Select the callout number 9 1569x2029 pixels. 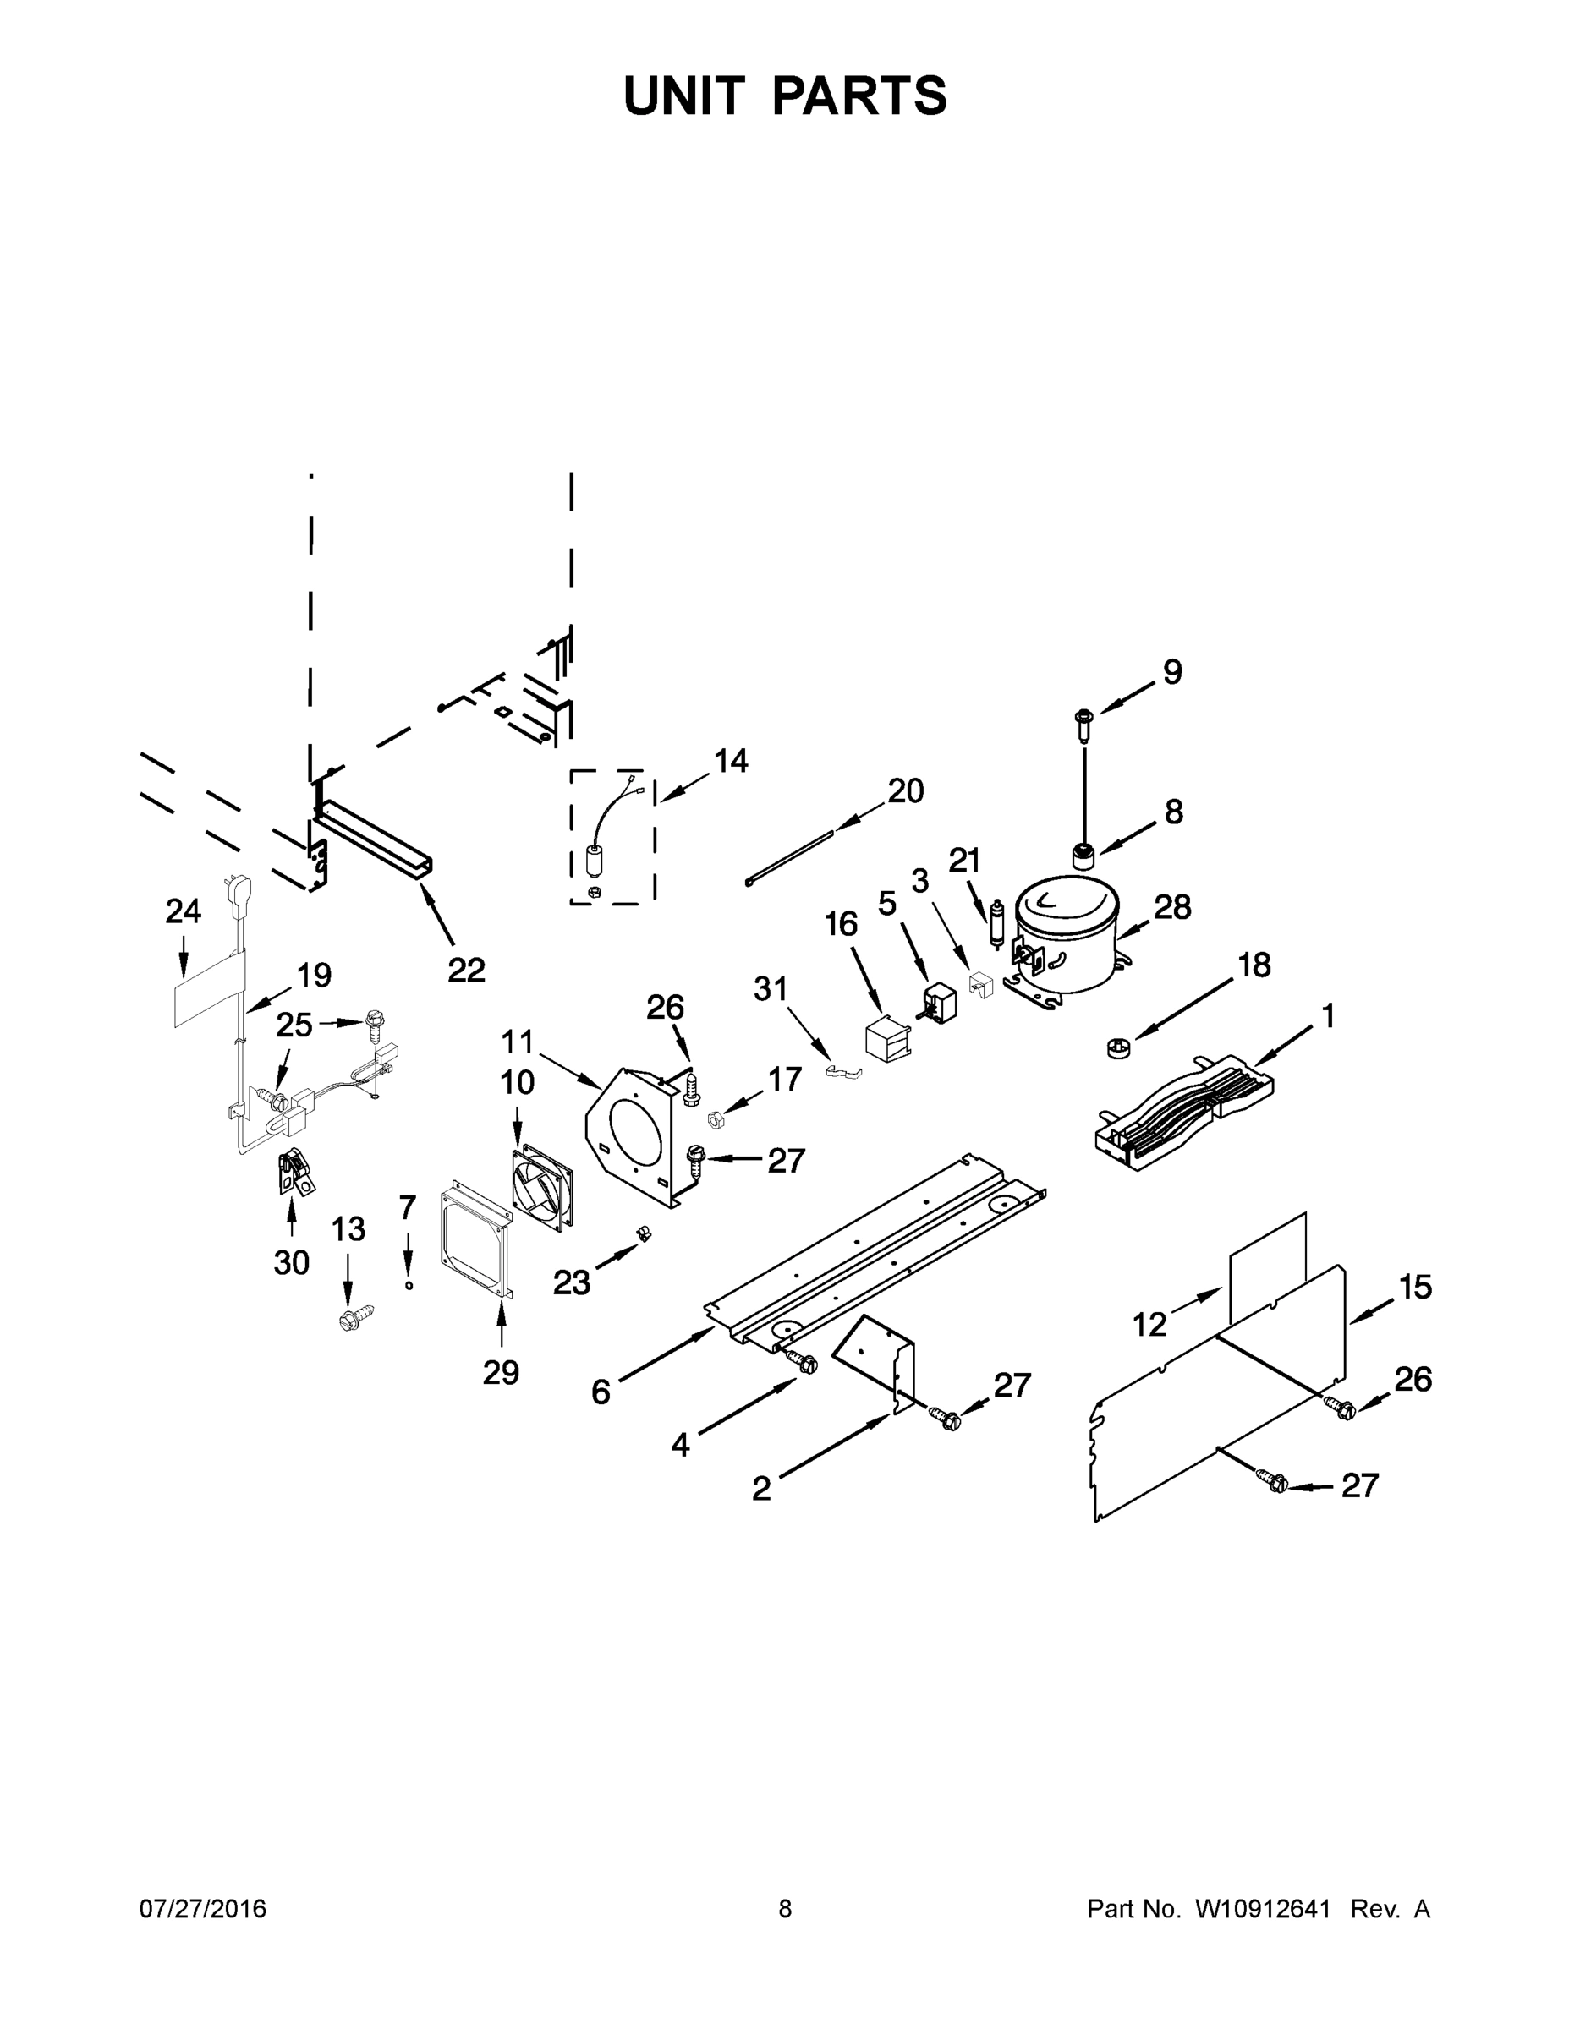point(1172,672)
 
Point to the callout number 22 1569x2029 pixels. point(466,970)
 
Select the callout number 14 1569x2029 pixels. point(731,761)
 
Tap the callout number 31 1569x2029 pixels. point(770,989)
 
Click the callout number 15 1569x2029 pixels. point(1415,1287)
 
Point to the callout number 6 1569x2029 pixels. point(601,1391)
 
